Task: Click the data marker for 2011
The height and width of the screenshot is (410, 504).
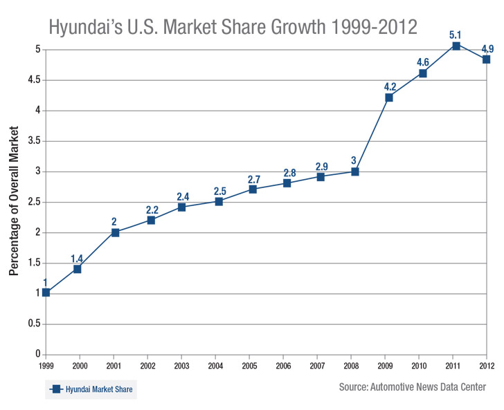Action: [456, 46]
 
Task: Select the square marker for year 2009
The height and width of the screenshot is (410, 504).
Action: [389, 97]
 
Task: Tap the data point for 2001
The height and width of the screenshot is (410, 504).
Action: [115, 232]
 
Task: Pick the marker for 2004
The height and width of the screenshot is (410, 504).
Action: [219, 201]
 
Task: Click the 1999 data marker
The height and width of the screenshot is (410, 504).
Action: [46, 292]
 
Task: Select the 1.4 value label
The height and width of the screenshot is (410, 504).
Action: [78, 259]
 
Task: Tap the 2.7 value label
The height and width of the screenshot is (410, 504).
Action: [253, 180]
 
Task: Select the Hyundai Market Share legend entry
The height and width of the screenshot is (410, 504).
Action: [91, 391]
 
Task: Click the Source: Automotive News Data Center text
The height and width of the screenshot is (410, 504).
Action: [413, 386]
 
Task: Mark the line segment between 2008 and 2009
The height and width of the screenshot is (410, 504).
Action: [372, 135]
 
